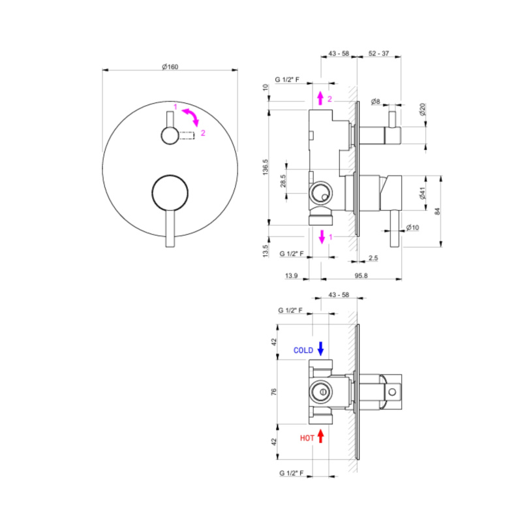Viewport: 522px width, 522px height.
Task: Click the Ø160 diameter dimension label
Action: [170, 67]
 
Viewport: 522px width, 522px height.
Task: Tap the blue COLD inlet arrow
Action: [320, 348]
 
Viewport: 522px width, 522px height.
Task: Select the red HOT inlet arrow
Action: [320, 436]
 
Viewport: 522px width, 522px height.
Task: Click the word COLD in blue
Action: [303, 350]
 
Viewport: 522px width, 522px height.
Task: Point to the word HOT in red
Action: [307, 438]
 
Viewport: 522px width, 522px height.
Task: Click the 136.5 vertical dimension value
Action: [266, 167]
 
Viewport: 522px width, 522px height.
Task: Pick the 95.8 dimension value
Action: [361, 275]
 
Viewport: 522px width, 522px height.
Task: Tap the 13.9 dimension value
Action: [291, 275]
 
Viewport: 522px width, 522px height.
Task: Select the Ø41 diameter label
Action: [422, 193]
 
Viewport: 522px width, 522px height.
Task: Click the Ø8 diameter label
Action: [376, 101]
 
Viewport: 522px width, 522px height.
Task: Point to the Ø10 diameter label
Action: [413, 227]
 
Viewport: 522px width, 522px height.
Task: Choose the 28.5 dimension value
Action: [283, 181]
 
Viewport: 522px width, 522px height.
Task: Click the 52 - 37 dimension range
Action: [379, 54]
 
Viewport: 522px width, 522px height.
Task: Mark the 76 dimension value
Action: [274, 392]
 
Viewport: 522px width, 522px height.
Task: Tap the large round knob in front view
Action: [170, 193]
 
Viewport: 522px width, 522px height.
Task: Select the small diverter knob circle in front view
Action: [170, 136]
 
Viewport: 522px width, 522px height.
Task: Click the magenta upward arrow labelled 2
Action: [320, 99]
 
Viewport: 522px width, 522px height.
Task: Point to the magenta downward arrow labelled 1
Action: [322, 237]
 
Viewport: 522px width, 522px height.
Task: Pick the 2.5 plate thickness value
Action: [373, 258]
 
